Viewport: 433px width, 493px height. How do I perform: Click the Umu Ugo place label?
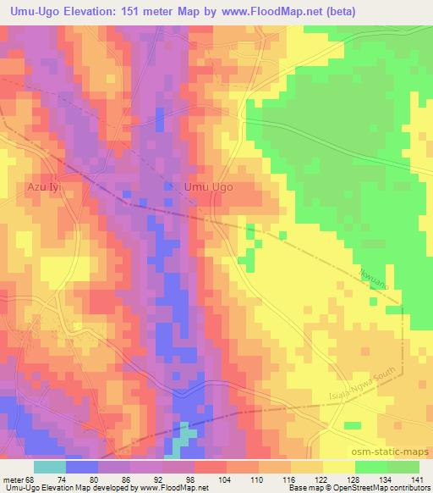[209, 188]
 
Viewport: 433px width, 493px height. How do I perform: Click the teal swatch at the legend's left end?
[50, 467]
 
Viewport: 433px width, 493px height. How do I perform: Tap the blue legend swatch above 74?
[82, 467]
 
